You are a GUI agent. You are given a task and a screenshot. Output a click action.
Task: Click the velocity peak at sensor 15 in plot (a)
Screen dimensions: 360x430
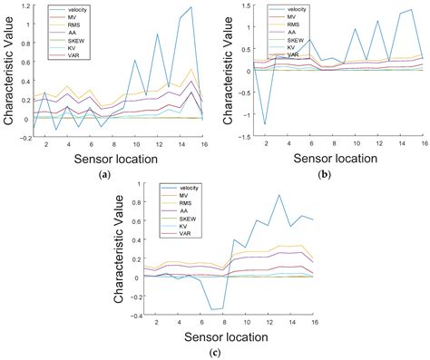(x=191, y=7)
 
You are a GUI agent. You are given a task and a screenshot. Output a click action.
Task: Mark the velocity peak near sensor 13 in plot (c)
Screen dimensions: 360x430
(x=253, y=195)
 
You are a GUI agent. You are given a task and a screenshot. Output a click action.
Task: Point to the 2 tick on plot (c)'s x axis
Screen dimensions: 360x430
(x=156, y=323)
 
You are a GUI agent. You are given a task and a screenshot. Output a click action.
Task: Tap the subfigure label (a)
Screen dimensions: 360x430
(x=106, y=176)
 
